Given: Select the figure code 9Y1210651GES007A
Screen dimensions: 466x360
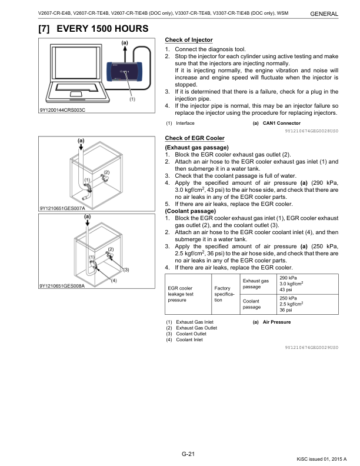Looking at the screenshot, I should [63, 208].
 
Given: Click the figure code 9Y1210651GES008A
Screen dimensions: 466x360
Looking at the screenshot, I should [63, 286].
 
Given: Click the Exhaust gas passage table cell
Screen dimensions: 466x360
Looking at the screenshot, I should [256, 284].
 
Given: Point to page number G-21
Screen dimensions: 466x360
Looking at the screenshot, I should [188, 452].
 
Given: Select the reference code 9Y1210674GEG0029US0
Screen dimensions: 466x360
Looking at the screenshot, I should [311, 349].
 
